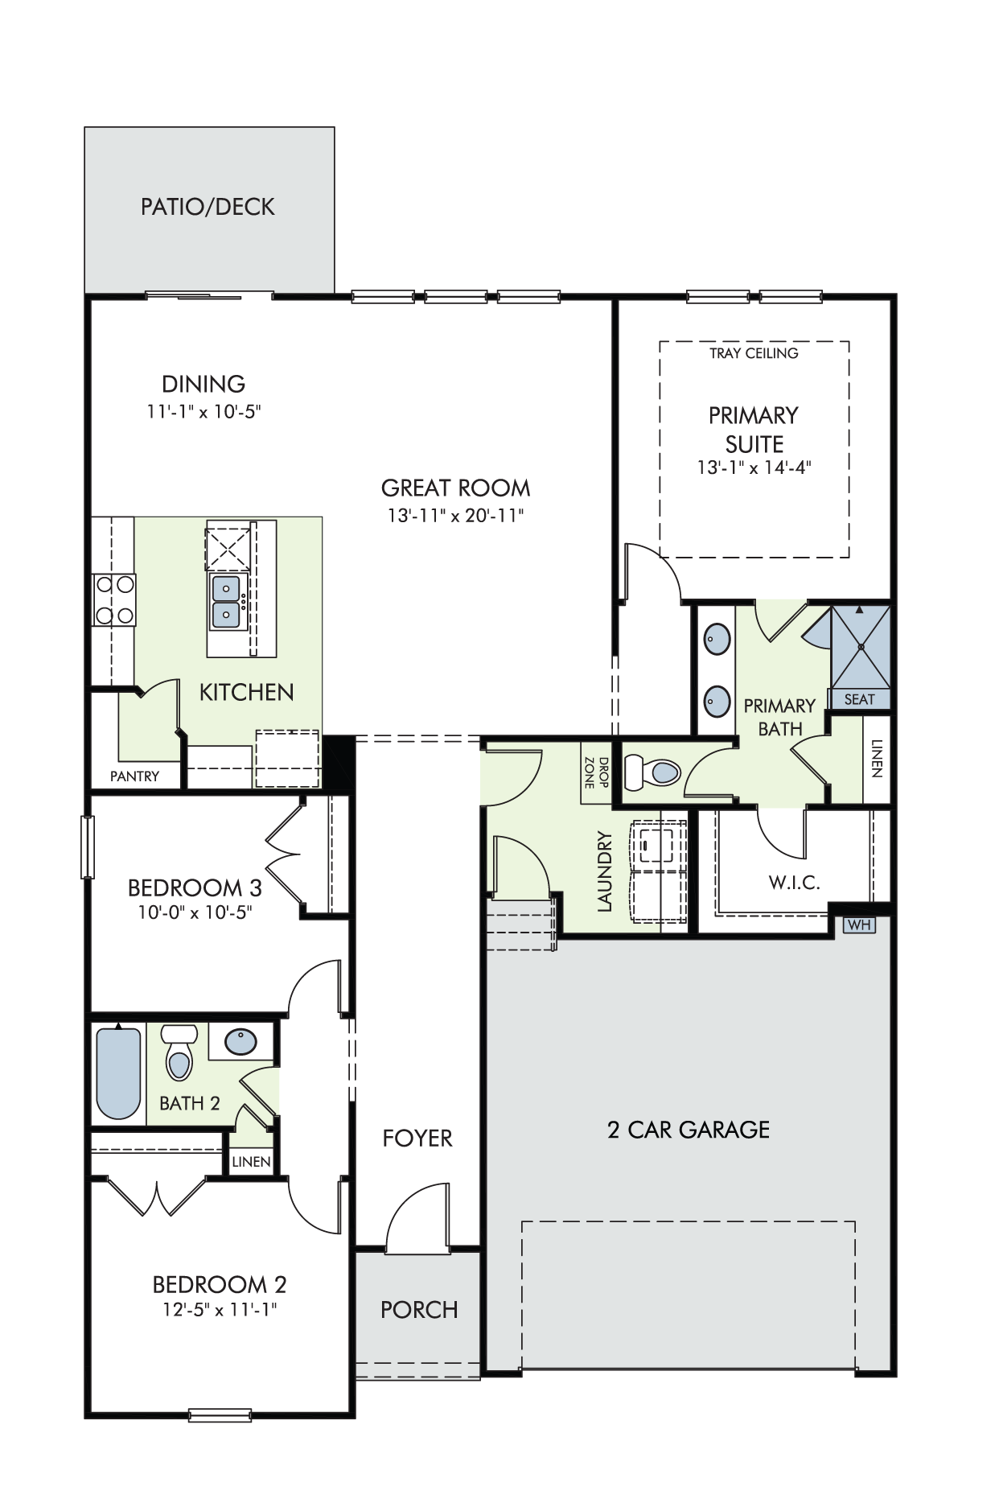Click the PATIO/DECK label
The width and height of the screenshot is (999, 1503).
pos(208,207)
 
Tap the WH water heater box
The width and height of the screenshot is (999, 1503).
pos(859,924)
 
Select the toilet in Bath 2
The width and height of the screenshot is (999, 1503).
pos(179,1052)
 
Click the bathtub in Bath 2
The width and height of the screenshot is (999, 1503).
pos(118,1072)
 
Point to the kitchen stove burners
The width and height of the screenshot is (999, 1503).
pos(114,599)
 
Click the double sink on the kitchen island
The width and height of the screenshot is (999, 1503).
pos(228,602)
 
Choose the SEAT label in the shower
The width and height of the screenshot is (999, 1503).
pos(859,699)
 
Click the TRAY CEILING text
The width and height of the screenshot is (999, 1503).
pos(754,353)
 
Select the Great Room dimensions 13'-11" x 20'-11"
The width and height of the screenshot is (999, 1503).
pos(455,516)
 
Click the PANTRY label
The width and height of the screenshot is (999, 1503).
pos(134,776)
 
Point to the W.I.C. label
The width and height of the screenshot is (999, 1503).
pos(794,883)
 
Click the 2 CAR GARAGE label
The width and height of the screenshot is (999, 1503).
pos(689,1130)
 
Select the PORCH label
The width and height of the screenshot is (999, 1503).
pos(419,1310)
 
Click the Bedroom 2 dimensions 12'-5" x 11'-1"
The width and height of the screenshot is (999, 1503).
pos(220,1309)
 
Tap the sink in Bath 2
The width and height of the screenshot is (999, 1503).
pos(240,1043)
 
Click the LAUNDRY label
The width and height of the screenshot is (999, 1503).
pos(605,871)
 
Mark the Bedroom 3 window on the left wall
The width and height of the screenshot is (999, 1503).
pos(87,847)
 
